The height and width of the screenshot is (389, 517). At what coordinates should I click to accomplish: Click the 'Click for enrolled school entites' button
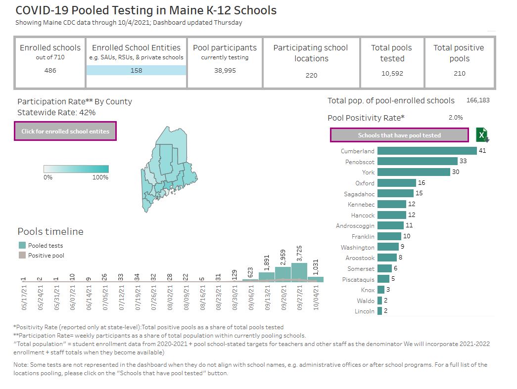pos(65,131)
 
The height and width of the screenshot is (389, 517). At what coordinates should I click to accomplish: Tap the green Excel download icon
pos(482,135)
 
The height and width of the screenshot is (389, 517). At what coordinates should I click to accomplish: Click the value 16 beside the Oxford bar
pos(422,183)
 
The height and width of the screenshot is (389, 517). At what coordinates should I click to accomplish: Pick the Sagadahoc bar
pos(395,193)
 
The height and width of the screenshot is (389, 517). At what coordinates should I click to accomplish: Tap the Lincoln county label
pos(365,311)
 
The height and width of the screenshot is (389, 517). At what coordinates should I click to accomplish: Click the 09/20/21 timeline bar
pos(283,274)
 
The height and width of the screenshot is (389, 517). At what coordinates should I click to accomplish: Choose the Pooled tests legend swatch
pos(22,245)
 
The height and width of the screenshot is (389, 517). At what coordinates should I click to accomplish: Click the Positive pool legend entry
pos(46,256)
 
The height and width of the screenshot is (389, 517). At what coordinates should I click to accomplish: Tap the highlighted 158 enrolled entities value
pos(137,70)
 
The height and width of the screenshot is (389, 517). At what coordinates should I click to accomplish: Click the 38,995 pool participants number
pos(225,70)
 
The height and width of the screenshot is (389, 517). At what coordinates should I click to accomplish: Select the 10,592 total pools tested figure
pos(392,73)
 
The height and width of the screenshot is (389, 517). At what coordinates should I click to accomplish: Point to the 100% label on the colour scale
pos(100,177)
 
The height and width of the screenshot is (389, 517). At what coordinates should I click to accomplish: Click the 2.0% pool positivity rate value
pos(455,118)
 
